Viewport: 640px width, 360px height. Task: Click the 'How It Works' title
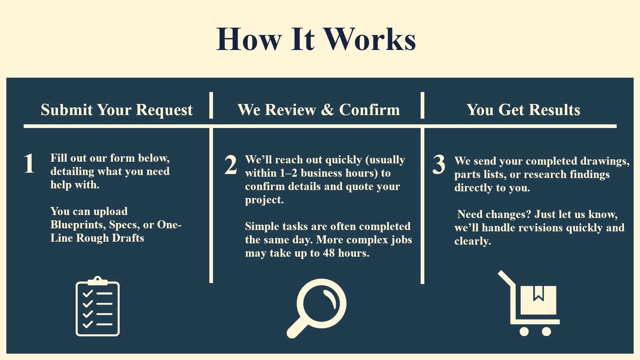(316, 39)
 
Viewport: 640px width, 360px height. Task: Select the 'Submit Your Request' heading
(117, 110)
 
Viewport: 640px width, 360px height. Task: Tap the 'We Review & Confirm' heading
(318, 110)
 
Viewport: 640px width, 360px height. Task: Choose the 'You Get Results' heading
(523, 110)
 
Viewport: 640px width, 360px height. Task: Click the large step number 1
(29, 163)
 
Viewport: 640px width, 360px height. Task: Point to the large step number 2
(231, 165)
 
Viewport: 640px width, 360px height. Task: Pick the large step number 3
(439, 164)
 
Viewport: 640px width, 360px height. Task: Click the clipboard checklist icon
(98, 307)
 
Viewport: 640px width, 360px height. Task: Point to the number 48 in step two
(329, 253)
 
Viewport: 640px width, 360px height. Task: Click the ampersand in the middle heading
(328, 110)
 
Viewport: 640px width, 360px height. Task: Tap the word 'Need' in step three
(469, 214)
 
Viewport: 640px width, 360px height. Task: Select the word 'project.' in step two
(264, 200)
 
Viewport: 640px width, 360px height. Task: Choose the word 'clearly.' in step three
(473, 241)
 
